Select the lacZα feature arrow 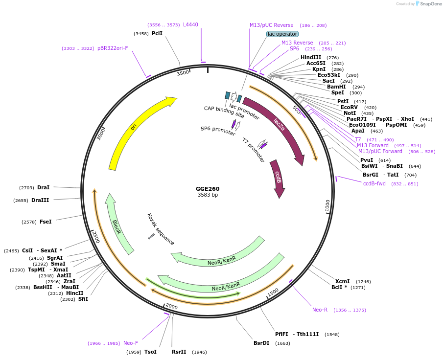tap(278, 122)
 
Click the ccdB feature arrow tap(278, 178)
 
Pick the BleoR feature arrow tap(117, 225)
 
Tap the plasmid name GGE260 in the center tap(208, 189)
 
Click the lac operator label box tap(282, 34)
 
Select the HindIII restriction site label tap(311, 58)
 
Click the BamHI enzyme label tap(336, 87)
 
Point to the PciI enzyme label tap(157, 33)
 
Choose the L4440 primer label tap(190, 24)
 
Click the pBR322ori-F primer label tap(113, 48)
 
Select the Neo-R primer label tap(320, 310)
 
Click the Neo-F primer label tap(131, 343)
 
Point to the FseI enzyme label tap(46, 222)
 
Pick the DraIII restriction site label tap(40, 200)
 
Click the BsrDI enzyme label tap(261, 343)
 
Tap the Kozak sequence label tap(161, 229)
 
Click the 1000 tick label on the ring tap(327, 205)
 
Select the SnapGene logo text tap(429, 4)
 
